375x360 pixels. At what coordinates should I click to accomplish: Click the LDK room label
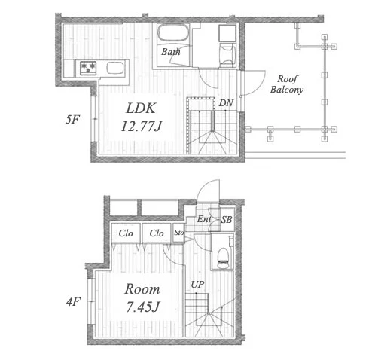[x=141, y=108]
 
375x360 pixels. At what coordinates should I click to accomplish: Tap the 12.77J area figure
[x=142, y=126]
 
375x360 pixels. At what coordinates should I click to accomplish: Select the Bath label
[x=171, y=52]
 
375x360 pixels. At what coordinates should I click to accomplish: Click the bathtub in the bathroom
[x=173, y=32]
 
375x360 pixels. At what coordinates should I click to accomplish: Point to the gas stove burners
[x=88, y=68]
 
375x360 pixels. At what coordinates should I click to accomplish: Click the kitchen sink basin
[x=115, y=68]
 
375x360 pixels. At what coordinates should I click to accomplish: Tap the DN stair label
[x=226, y=103]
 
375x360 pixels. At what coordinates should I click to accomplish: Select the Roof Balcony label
[x=287, y=84]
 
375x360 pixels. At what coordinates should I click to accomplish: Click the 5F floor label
[x=72, y=120]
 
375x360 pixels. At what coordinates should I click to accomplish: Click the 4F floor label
[x=73, y=301]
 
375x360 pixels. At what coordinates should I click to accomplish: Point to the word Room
[x=142, y=289]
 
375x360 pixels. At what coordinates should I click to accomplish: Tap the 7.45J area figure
[x=142, y=307]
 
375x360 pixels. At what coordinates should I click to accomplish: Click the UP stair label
[x=197, y=285]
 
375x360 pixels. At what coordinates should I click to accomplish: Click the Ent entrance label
[x=203, y=219]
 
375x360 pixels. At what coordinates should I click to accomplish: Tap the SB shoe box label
[x=227, y=220]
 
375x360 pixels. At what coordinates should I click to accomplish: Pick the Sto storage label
[x=179, y=233]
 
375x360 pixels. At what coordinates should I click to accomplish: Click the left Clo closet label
[x=126, y=233]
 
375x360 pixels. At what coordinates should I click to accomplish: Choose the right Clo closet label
[x=157, y=233]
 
